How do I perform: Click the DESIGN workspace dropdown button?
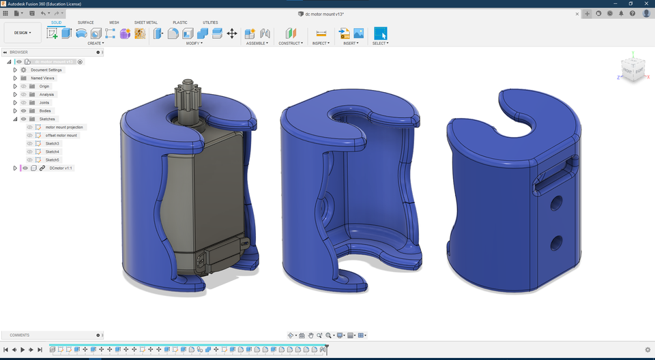click(23, 33)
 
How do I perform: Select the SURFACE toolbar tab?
click(85, 22)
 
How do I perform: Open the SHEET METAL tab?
click(145, 22)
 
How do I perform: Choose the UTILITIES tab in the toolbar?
click(210, 22)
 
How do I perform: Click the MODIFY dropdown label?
click(194, 43)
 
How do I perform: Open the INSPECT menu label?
click(321, 43)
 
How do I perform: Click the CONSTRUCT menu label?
click(290, 43)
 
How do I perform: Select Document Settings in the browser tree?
click(46, 70)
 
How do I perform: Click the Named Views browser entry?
click(42, 78)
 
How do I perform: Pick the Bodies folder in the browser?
click(44, 111)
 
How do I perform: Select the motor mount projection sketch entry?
click(64, 127)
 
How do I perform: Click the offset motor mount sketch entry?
click(61, 136)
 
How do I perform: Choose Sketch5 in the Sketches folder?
click(53, 160)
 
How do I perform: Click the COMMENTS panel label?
click(19, 335)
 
